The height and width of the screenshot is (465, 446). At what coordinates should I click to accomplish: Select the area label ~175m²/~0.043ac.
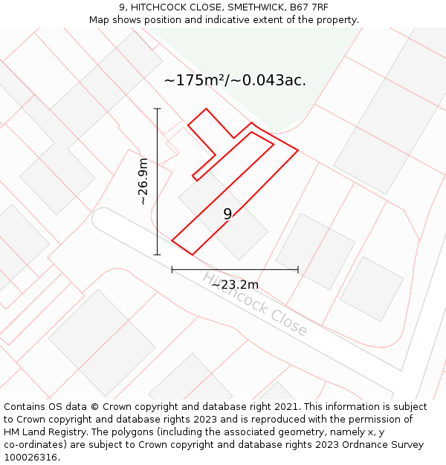[x=235, y=80]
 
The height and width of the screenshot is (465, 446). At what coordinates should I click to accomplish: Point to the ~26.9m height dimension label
[x=143, y=182]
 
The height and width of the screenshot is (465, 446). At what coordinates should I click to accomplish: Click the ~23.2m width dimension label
[x=235, y=284]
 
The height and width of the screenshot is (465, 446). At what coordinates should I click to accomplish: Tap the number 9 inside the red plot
[x=227, y=214]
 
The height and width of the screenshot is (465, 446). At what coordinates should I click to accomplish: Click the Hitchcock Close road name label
[x=254, y=304]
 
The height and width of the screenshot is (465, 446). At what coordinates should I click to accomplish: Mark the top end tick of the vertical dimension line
[x=157, y=109]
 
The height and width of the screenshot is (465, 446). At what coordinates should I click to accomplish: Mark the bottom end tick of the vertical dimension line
[x=157, y=254]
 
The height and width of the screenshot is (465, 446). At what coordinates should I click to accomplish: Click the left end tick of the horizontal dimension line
[x=172, y=269]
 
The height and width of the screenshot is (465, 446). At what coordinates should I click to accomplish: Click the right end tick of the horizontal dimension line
[x=298, y=269]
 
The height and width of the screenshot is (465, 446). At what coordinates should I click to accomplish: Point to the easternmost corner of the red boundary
[x=298, y=150]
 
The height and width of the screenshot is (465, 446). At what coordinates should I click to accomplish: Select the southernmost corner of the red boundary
[x=193, y=255]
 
